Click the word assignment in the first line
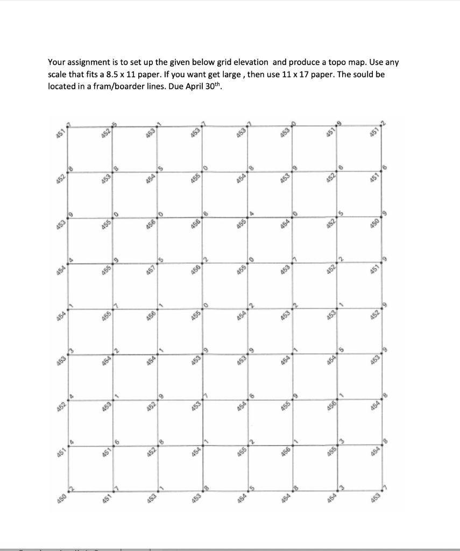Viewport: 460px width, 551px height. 85,63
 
